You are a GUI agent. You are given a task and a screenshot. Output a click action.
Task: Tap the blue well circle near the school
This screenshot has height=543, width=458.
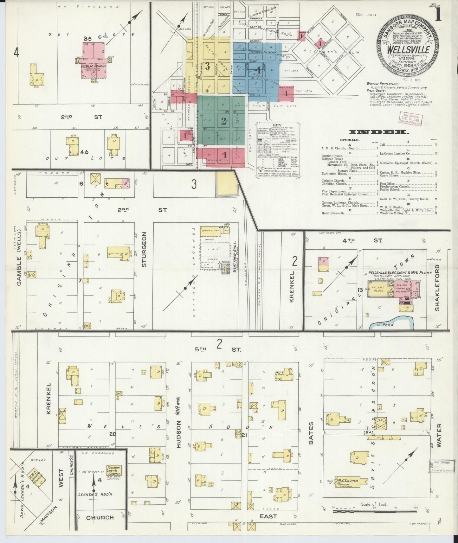coord(100,37)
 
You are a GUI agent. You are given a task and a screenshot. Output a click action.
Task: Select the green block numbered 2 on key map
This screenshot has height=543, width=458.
coord(224,121)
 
